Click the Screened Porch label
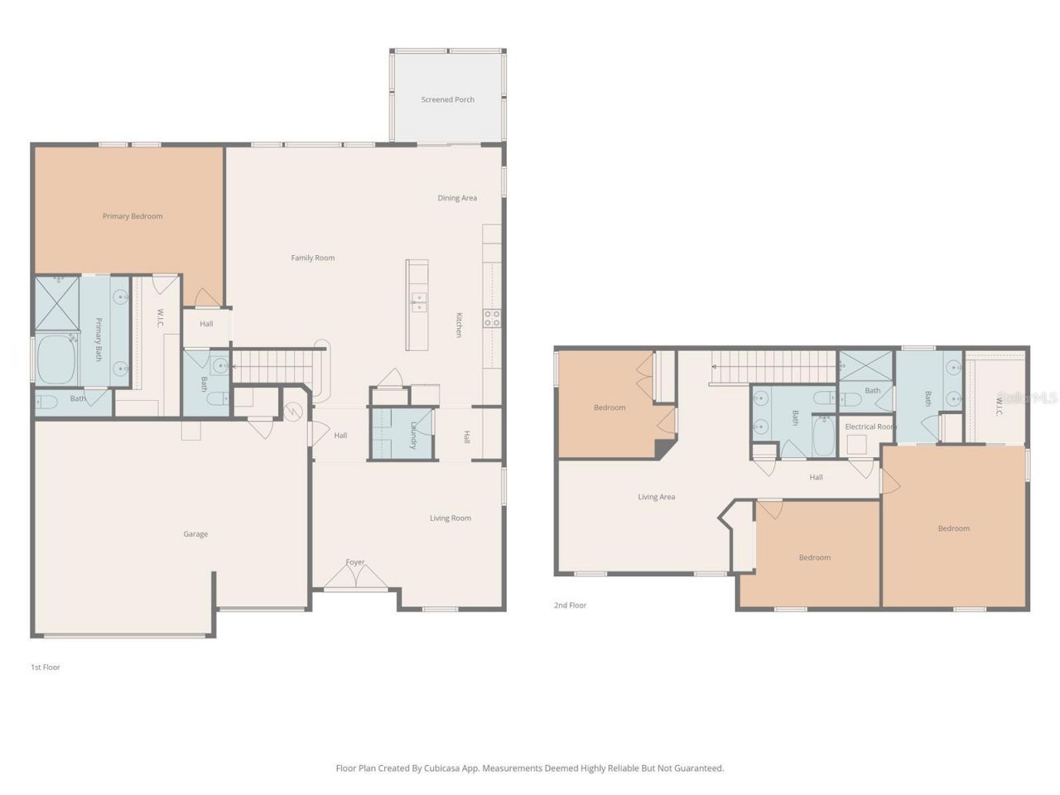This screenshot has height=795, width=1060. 447,99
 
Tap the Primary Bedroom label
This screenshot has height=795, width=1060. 132,216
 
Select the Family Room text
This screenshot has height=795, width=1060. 312,258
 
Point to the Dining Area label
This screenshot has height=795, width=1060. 457,198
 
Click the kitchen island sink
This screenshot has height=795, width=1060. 417,302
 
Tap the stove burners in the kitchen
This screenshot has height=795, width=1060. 492,314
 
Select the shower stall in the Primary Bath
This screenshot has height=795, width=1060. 56,303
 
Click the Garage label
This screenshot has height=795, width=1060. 195,534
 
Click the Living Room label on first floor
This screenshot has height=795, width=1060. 450,518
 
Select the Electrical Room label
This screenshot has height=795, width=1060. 870,426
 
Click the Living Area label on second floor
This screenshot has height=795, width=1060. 656,497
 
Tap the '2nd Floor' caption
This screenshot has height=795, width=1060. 570,605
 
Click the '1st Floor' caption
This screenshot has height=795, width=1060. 46,667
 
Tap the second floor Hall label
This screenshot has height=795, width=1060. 816,477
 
